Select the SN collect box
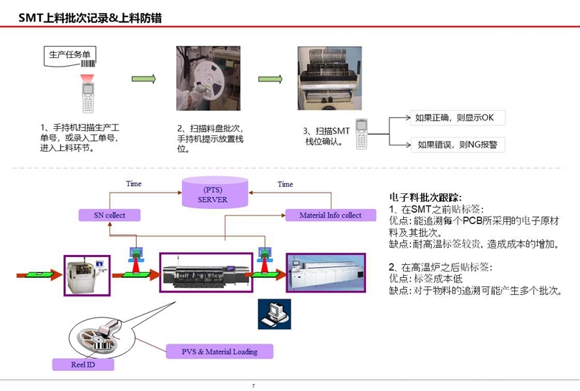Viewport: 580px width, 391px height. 109,215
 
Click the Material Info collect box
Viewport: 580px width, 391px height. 330,215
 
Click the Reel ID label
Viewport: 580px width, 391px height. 83,365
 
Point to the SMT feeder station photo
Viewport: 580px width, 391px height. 329,79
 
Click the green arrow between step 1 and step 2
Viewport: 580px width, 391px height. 143,79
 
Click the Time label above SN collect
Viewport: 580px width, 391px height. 133,184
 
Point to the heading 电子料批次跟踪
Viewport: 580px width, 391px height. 425,197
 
